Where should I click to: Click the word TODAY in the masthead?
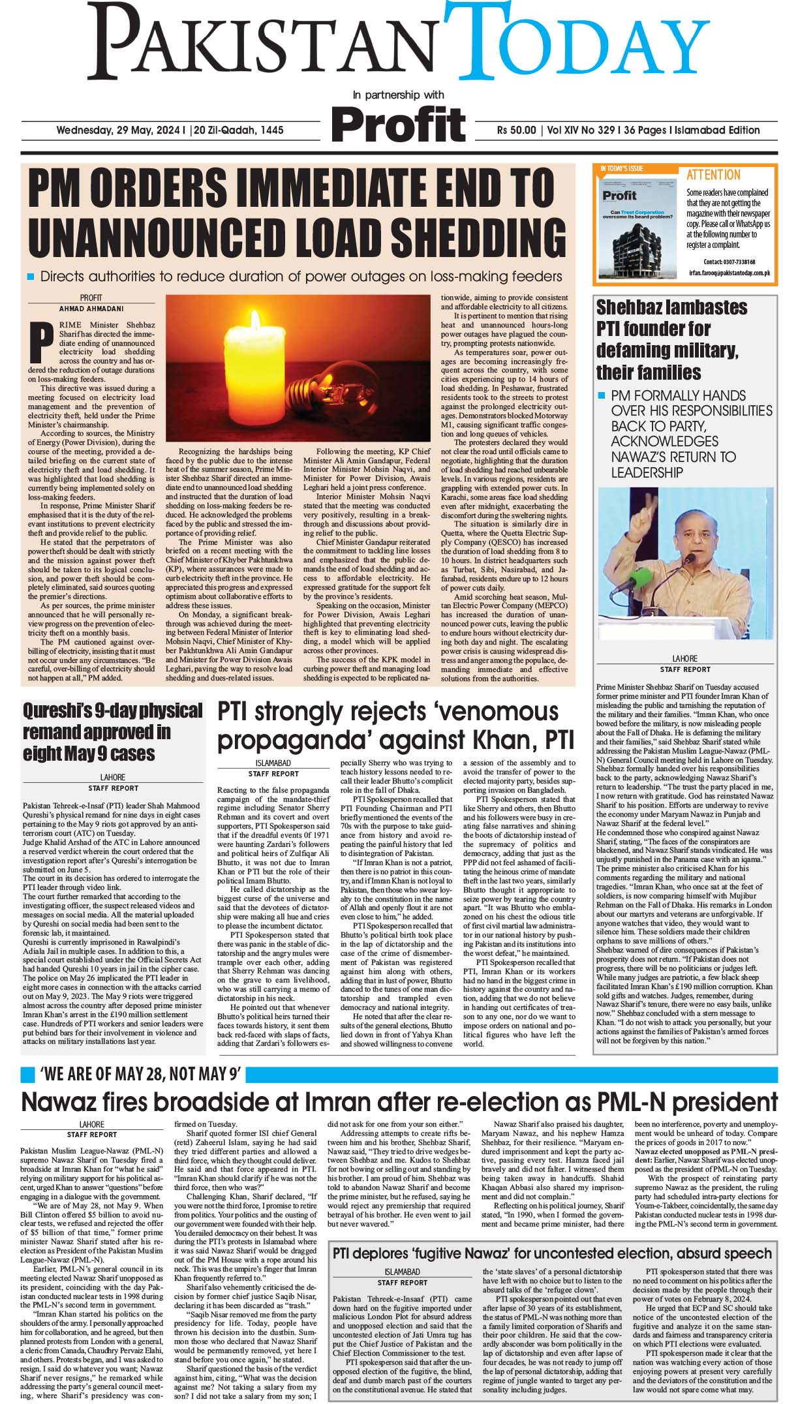click(x=587, y=46)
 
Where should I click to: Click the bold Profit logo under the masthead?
click(x=399, y=123)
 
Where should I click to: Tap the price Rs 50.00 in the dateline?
click(x=516, y=130)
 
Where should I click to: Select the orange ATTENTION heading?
click(x=713, y=175)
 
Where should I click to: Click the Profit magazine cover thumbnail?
click(x=636, y=226)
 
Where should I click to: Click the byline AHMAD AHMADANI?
click(x=91, y=309)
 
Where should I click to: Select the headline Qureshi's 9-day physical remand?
click(x=112, y=731)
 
